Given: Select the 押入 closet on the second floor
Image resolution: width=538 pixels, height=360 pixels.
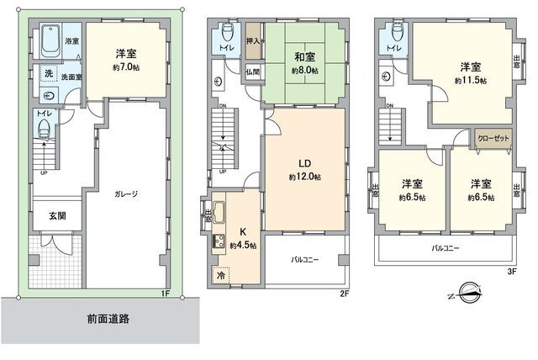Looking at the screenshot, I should pos(252,41).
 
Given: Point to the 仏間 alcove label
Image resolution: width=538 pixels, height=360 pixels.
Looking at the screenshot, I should pos(252,72).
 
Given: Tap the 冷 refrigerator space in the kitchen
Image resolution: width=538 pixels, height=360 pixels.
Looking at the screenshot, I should pos(221,275).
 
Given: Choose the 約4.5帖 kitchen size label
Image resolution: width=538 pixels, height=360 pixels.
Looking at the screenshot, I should pos(243,245).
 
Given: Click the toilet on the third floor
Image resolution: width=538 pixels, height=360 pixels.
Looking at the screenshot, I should pos(395,34).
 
